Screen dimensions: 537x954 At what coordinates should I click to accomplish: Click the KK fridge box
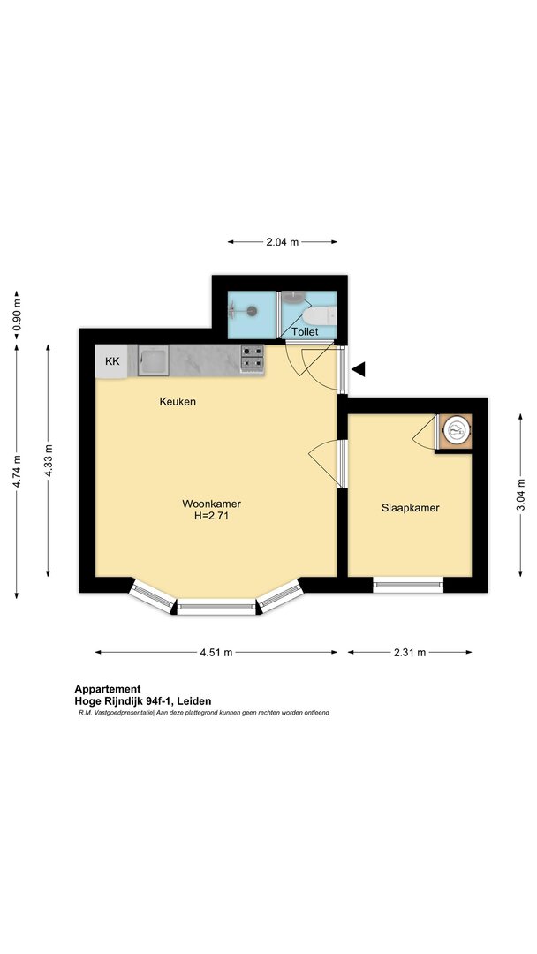coord(111,361)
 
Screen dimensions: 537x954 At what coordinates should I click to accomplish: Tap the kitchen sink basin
coord(154,360)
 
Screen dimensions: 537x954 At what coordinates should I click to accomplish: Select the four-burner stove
coord(253,359)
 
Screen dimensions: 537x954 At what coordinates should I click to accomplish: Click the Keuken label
coord(178,402)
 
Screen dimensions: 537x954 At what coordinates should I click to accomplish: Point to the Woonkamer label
coord(212,503)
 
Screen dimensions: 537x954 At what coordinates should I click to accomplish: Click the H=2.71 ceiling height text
coord(212,516)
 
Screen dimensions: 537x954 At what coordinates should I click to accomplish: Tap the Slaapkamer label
coord(411,508)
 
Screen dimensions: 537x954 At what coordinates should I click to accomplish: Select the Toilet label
coord(306,332)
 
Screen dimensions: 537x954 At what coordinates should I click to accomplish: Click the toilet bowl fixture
coord(320,315)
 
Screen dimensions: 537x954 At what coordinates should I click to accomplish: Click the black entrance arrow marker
coord(359,368)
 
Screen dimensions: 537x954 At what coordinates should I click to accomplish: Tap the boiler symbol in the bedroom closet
coord(456,431)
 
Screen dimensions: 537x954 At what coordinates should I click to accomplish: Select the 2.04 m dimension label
coord(282,242)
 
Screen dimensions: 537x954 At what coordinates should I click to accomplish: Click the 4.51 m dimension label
coord(216,653)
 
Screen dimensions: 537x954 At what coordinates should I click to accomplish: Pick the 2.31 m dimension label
coord(410,653)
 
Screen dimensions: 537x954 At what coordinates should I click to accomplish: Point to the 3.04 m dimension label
coord(521,496)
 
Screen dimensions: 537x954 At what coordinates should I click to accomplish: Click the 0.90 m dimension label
coord(17,317)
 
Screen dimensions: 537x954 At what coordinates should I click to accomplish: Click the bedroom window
coord(408,585)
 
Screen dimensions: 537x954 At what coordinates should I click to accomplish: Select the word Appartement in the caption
coord(108,689)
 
